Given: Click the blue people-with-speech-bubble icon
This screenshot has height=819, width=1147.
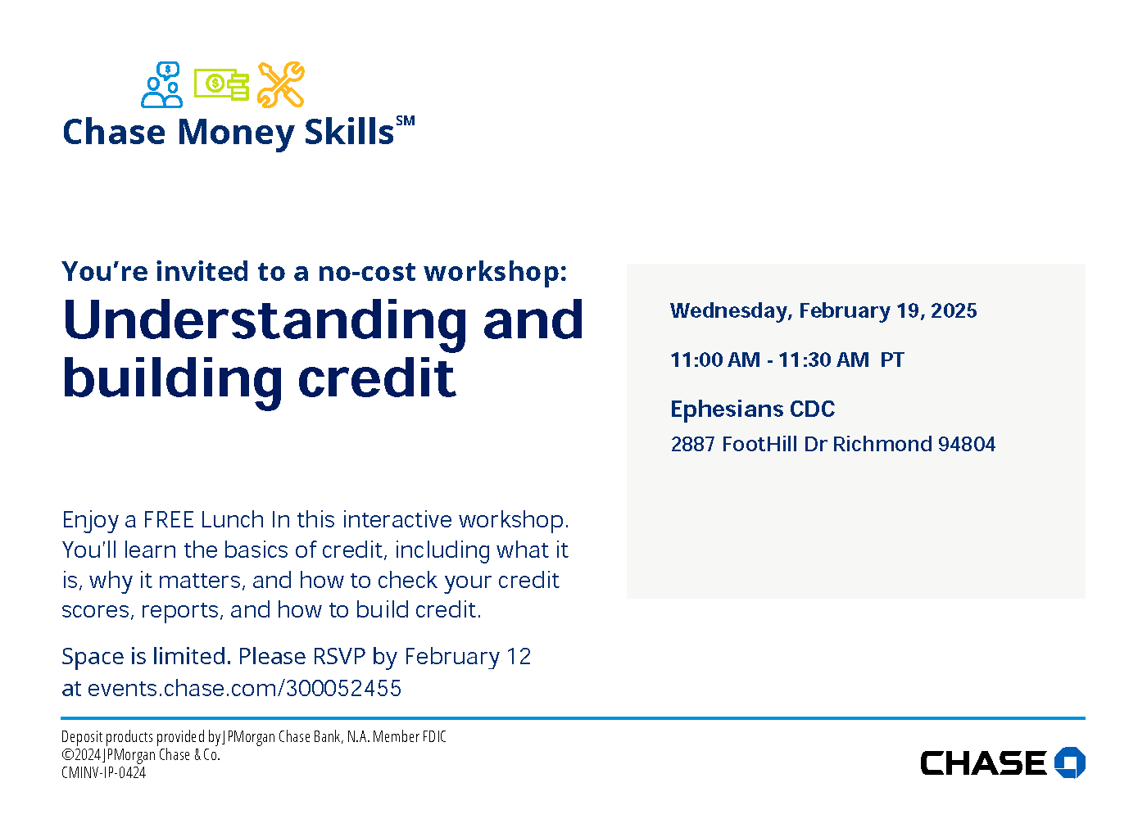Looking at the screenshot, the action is [x=162, y=84].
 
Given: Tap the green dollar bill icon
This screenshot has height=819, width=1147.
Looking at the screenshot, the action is [x=221, y=84].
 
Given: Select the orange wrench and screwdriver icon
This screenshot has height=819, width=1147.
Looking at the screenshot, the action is [x=280, y=85].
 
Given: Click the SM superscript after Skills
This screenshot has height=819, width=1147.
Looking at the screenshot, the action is [x=405, y=121].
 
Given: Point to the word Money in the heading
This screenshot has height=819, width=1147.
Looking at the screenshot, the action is [x=236, y=133].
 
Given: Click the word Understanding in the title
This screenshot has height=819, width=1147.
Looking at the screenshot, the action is [x=265, y=320].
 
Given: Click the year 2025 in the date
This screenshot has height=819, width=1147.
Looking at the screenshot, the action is [x=954, y=310].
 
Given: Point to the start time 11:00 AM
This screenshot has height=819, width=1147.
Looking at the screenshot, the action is [x=715, y=360].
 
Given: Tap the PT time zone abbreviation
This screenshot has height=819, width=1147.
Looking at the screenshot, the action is [x=892, y=360].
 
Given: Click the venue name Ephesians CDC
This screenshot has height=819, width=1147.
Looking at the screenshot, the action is [x=753, y=409].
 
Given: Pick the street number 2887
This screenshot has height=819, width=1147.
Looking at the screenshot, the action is [x=692, y=444].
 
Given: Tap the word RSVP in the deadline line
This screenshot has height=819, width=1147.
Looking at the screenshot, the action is [x=339, y=657].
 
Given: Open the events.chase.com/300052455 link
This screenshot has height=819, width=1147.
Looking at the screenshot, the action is [x=244, y=689].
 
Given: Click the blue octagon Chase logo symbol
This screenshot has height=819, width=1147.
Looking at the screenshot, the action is [x=1070, y=762].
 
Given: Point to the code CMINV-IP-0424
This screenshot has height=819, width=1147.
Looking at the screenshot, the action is [x=103, y=772].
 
